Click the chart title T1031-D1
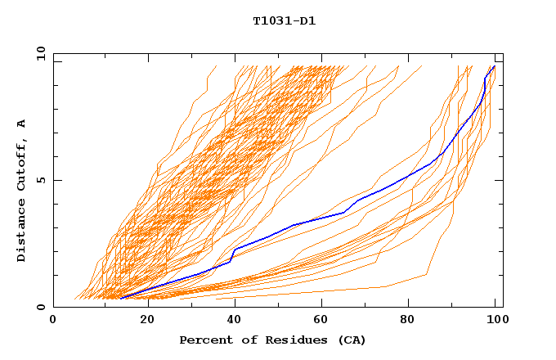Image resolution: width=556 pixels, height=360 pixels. point(284,20)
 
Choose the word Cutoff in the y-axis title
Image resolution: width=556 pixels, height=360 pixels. point(21,166)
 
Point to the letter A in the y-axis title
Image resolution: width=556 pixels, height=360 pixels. point(21,124)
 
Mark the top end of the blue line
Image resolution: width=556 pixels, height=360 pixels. point(494,66)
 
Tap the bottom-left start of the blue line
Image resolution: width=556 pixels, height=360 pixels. point(121,298)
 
